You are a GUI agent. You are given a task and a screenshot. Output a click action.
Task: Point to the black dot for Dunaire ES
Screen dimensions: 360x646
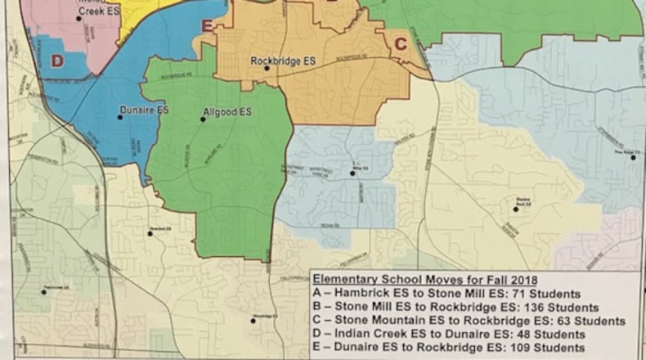tap(119, 117)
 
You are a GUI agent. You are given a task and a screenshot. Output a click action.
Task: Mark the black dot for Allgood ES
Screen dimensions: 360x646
tap(204, 119)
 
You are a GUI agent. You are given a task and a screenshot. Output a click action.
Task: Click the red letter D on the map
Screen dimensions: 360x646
tap(56, 60)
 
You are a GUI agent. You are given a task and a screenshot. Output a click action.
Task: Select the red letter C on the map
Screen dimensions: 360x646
tap(401, 44)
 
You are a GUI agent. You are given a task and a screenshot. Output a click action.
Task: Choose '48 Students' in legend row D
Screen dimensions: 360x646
tap(547, 335)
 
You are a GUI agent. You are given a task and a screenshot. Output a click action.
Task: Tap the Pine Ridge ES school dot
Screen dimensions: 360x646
tap(634, 157)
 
